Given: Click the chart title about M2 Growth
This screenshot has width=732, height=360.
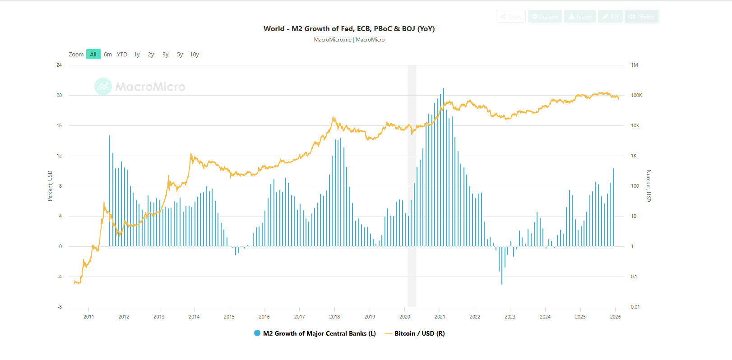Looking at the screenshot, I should click(349, 29).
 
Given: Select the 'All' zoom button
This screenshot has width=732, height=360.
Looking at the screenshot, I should click(93, 55).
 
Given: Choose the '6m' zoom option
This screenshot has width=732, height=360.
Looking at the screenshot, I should click(108, 55).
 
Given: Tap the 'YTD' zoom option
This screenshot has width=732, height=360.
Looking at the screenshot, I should click(122, 55).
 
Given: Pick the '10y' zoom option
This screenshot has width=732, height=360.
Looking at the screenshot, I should click(195, 55).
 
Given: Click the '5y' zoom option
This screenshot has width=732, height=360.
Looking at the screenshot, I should click(180, 55).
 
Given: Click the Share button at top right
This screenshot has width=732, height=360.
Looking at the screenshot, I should click(511, 17).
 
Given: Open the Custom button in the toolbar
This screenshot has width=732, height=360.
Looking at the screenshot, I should click(545, 17).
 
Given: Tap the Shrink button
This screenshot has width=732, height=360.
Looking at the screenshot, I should click(642, 17).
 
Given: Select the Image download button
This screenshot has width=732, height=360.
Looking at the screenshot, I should click(580, 17).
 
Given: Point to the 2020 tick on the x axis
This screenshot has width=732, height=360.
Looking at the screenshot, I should click(405, 317).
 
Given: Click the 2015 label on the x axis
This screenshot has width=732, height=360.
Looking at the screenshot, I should click(229, 317).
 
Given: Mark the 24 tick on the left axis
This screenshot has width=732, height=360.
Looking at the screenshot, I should click(59, 65).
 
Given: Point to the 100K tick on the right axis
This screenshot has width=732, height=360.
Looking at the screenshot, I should click(636, 95).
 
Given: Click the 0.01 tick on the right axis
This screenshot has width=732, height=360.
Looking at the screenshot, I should click(635, 307).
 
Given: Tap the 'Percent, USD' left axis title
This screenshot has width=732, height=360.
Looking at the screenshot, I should click(50, 186).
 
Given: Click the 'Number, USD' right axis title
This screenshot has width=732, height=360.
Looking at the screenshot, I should click(649, 186).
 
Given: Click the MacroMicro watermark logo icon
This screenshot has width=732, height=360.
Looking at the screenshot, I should click(103, 87).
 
